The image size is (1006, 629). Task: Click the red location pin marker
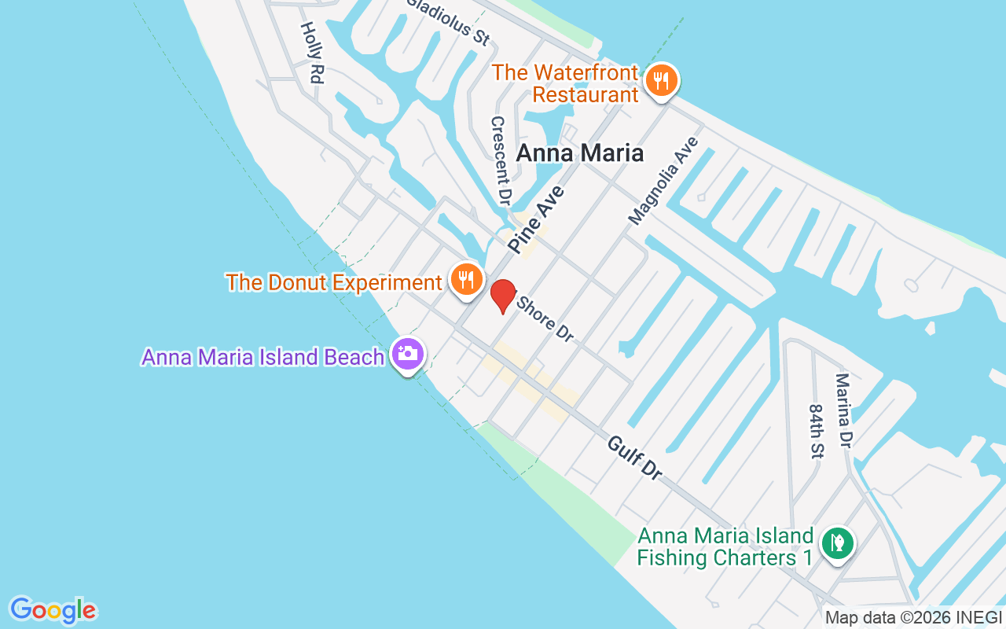tap(503, 296)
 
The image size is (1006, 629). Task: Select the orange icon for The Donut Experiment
tap(466, 279)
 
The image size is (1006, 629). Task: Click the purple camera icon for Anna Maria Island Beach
tap(407, 354)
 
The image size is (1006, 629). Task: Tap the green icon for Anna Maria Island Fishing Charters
tap(838, 543)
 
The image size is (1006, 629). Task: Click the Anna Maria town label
tap(579, 153)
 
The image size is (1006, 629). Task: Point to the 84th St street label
tap(816, 432)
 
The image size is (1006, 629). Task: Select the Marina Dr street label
tap(844, 410)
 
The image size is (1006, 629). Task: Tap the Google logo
tap(53, 610)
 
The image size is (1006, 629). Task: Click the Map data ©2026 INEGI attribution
tap(914, 618)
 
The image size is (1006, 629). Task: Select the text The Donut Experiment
tap(334, 282)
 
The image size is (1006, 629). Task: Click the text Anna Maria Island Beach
tap(263, 357)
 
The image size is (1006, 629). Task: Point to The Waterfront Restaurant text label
tap(565, 83)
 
